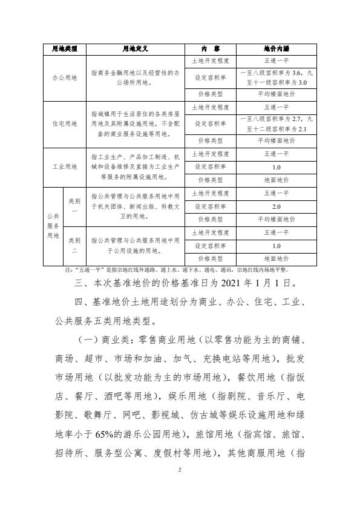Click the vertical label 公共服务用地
(x=52, y=226)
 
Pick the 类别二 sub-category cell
(x=74, y=246)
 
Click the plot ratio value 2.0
(x=277, y=206)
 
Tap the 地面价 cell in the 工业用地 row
(x=277, y=180)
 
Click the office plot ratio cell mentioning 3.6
(x=277, y=78)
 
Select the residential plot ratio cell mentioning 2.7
(x=277, y=123)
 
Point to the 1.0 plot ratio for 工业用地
(x=277, y=167)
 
